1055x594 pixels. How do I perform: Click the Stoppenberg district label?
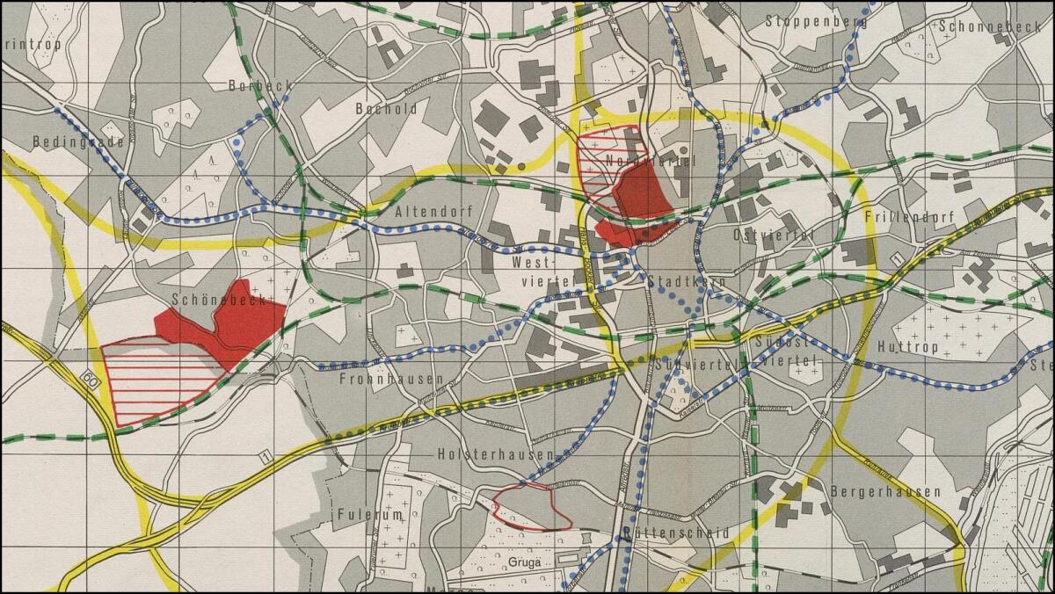click(x=816, y=21)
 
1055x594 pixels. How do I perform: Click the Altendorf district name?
click(x=435, y=212)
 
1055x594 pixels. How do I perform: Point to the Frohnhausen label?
click(x=391, y=380)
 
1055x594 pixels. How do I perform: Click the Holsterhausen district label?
click(x=496, y=454)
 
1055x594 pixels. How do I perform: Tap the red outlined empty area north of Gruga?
click(x=531, y=507)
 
